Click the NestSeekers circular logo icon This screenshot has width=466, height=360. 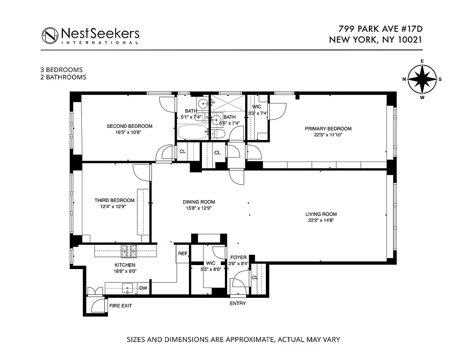point(50,35)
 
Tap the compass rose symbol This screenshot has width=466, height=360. point(422,79)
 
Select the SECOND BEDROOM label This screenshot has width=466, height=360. point(130,126)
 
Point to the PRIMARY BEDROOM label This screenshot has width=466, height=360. point(328,129)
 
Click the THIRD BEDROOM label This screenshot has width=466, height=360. point(114,200)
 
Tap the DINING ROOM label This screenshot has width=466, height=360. point(198,202)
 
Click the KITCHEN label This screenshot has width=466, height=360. point(125,265)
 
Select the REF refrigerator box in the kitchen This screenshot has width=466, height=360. point(183,254)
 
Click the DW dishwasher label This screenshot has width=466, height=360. point(143,288)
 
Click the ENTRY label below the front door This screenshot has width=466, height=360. point(238,303)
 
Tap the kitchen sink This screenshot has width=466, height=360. point(128,288)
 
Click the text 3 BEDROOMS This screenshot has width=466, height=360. point(62,70)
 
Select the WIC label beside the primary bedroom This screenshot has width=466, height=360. point(257,107)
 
